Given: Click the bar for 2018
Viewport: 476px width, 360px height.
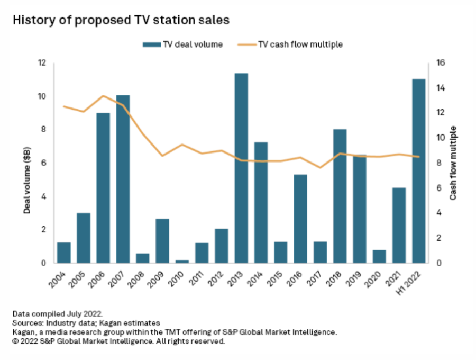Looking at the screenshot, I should pos(340,196).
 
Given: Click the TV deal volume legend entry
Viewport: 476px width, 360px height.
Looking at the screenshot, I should pos(182,44).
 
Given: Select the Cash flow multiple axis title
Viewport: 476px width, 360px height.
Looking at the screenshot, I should pos(453,163).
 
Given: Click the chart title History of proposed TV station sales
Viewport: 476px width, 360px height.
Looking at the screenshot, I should pos(121,20).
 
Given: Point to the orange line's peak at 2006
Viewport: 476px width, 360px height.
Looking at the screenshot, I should pos(103,96).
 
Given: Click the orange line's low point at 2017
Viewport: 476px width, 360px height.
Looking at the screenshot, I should pos(320,167).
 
